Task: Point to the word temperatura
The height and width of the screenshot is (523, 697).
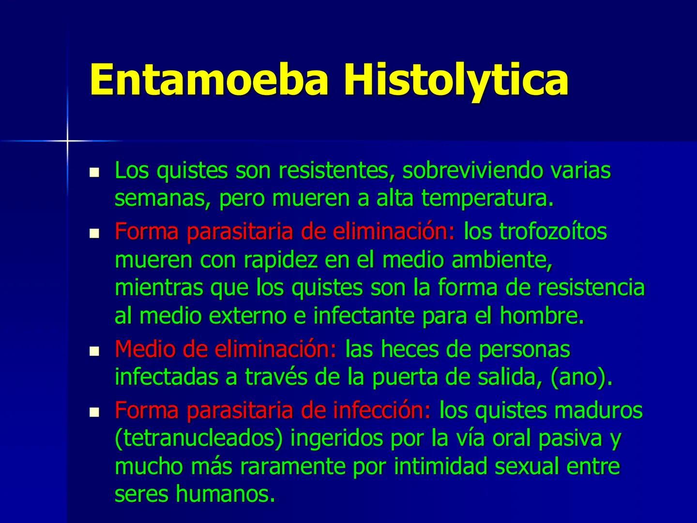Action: [x=487, y=199]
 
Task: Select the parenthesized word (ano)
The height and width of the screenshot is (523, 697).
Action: [x=581, y=378]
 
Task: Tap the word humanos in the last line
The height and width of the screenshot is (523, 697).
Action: [x=222, y=494]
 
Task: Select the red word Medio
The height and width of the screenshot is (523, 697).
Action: [x=143, y=349]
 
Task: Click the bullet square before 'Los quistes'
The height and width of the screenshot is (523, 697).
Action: [x=94, y=172]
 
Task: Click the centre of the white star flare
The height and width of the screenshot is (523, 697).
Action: [x=67, y=141]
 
